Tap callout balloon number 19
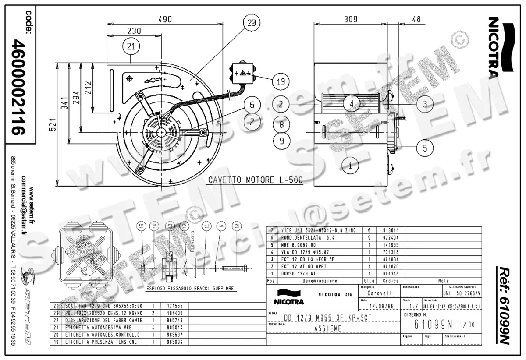tap(281, 81)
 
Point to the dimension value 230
tap(134, 31)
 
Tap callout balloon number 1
tap(351, 166)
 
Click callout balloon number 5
tap(425, 148)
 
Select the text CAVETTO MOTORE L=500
tap(255, 180)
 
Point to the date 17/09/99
tap(380, 306)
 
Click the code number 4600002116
tap(19, 87)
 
